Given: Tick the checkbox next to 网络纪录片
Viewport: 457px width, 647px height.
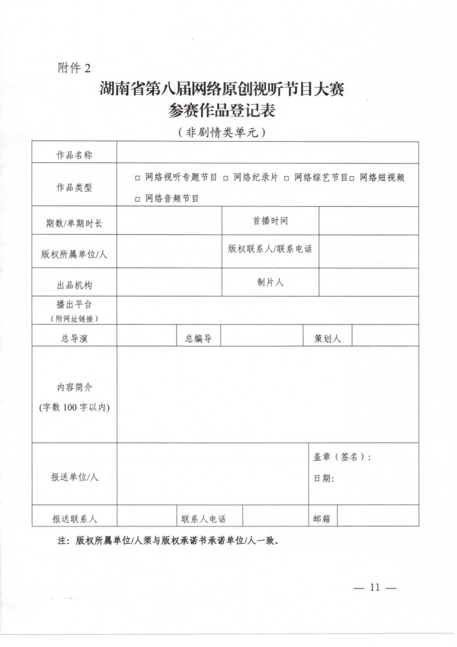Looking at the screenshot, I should tap(226, 178).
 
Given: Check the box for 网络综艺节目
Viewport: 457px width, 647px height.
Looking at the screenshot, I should tap(287, 178).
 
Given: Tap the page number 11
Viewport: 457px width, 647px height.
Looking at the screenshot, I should tap(375, 588).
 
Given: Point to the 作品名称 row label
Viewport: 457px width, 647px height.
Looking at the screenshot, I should tap(74, 155).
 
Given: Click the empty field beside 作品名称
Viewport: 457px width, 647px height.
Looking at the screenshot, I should tap(267, 153).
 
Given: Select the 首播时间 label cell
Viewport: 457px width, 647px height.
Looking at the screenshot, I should tap(270, 221).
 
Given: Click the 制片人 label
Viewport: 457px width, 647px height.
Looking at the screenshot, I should tap(270, 282).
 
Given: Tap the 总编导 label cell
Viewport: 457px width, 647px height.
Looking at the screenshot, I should tap(198, 338).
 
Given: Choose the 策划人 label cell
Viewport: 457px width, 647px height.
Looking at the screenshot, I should tap(327, 338).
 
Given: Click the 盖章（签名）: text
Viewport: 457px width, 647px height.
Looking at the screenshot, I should tap(342, 457).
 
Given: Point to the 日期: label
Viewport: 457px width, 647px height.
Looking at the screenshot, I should tap(324, 478).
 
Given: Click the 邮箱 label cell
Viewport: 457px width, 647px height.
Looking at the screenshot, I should tap(322, 519).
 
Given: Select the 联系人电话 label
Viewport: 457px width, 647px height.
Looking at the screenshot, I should tap(204, 519).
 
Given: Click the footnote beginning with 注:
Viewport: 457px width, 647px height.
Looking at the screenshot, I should tap(168, 540).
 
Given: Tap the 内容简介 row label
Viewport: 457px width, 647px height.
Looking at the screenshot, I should tap(74, 387).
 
